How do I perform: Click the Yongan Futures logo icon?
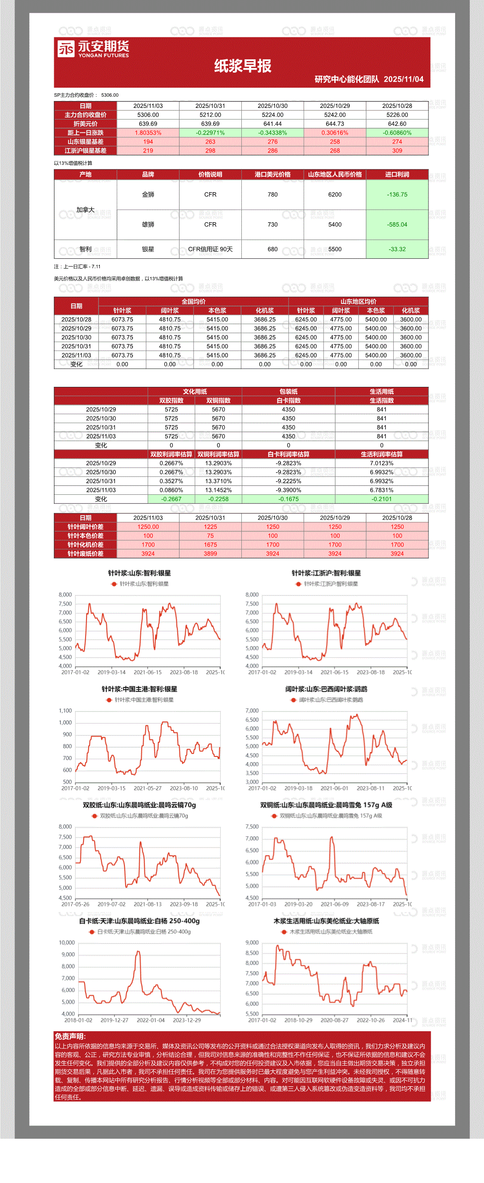click(x=66, y=49)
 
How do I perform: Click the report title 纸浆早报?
click(x=243, y=66)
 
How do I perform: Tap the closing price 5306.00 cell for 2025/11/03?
click(x=148, y=115)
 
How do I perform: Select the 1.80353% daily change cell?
click(x=148, y=133)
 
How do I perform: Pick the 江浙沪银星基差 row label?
click(x=86, y=150)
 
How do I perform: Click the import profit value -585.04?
click(x=397, y=224)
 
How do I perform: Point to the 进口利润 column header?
click(x=397, y=175)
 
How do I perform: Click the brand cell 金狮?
click(x=148, y=195)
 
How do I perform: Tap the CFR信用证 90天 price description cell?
click(x=210, y=249)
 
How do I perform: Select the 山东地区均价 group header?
click(x=358, y=302)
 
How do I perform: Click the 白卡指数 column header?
click(x=288, y=401)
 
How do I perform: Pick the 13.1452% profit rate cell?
click(x=218, y=490)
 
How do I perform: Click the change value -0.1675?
click(x=288, y=499)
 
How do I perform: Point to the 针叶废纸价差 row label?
click(x=86, y=554)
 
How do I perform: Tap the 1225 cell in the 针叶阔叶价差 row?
click(x=210, y=527)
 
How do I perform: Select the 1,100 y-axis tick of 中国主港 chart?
click(x=65, y=711)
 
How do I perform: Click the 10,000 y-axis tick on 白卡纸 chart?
click(x=67, y=943)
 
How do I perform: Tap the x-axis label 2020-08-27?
click(x=334, y=1021)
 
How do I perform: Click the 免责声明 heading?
click(x=70, y=1036)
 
